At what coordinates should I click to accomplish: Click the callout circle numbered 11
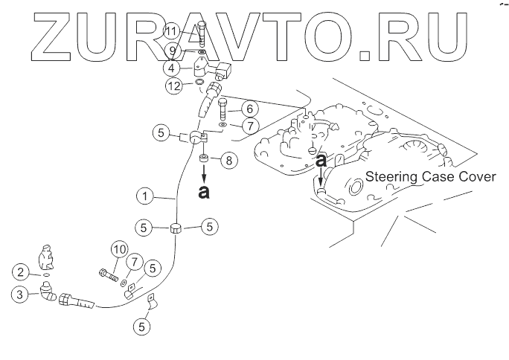(172, 31)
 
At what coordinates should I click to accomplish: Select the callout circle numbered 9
(172, 51)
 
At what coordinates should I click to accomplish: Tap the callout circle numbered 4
(172, 68)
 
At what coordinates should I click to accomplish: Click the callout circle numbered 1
(144, 198)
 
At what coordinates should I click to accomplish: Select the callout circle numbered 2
(22, 272)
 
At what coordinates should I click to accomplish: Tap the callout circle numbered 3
(22, 295)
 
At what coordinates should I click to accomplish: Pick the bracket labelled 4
(201, 68)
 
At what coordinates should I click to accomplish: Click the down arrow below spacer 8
(204, 176)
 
